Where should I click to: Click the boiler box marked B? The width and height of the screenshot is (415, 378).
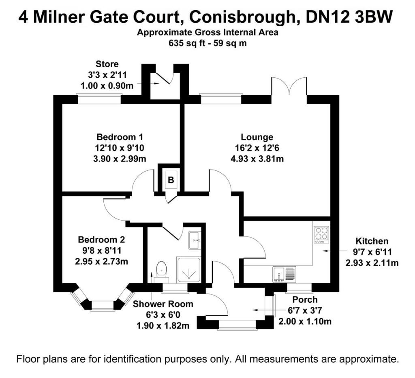[x=171, y=181]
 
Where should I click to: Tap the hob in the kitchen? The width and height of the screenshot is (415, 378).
[x=321, y=234]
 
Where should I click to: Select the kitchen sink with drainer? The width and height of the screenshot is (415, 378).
[x=285, y=274]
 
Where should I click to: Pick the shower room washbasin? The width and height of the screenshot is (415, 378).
[x=194, y=240]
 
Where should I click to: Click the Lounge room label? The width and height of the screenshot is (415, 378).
[x=257, y=137]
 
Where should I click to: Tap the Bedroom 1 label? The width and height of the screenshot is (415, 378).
[x=120, y=137]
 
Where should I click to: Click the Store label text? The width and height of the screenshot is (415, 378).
[x=107, y=64]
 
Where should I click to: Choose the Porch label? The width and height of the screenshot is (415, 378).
[x=305, y=300]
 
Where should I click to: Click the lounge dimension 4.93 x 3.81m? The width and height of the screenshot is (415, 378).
[x=257, y=158]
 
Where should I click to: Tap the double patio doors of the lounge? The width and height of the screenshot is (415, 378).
[x=289, y=87]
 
